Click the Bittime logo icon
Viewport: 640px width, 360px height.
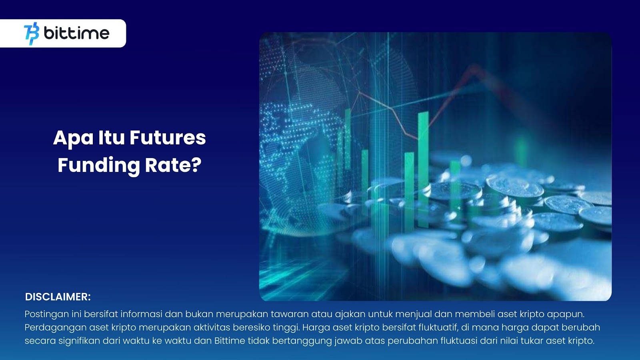[x=32, y=34]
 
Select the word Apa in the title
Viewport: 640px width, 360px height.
[x=73, y=138]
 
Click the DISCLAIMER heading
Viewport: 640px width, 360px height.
[x=58, y=297]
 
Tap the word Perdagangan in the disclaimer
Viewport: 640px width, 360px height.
[x=56, y=328]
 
